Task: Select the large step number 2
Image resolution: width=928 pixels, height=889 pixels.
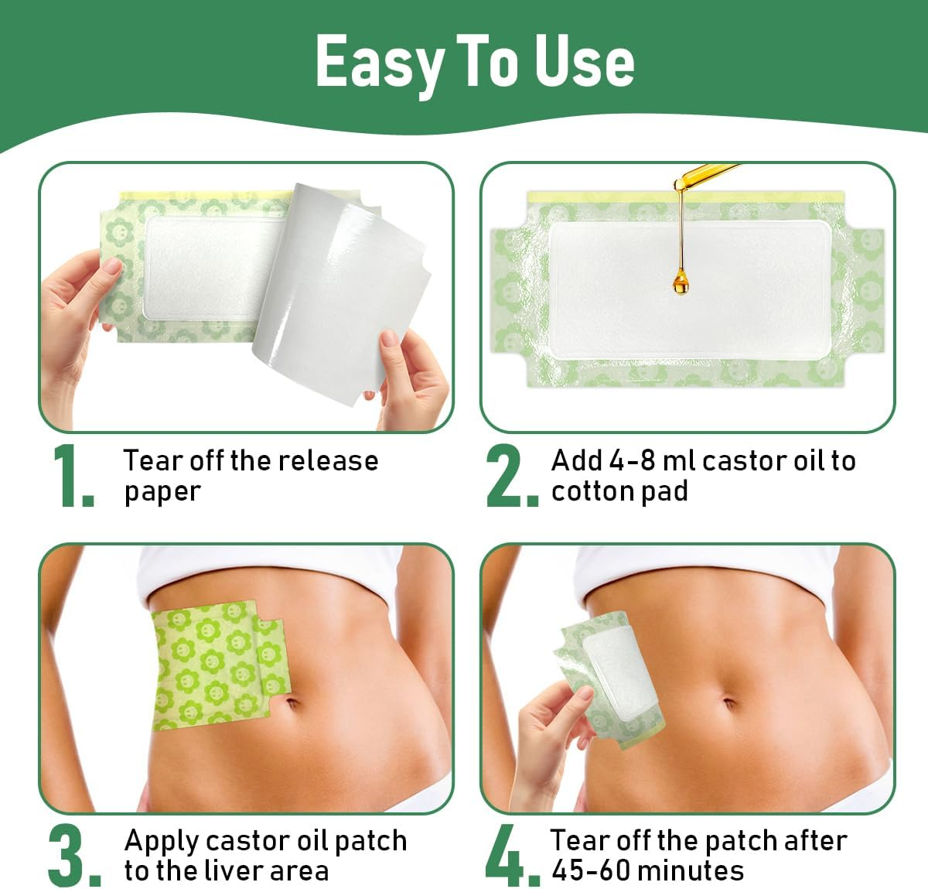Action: pos(510,477)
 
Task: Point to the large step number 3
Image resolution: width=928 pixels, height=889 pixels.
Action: pos(73,856)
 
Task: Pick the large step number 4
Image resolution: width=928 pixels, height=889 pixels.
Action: pos(510,856)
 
